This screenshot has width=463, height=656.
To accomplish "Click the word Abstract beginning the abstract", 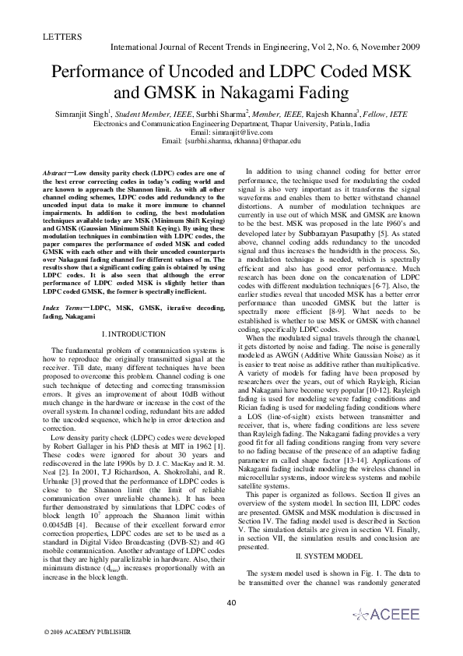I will click(55, 170).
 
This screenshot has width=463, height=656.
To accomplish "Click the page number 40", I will click(230, 602).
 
